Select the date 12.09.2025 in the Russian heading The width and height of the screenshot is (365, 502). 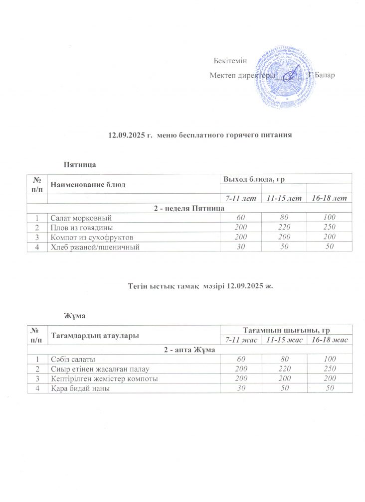pos(125,135)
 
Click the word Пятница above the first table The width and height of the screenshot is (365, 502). pos(79,164)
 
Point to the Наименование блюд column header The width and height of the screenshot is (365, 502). pos(87,184)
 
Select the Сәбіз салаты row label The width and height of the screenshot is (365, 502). pos(73,359)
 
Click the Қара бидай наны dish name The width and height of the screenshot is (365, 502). pos(79,388)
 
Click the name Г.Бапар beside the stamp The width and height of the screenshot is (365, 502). pos(322,75)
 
